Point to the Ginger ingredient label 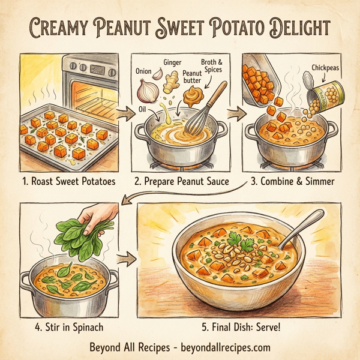point(173,62)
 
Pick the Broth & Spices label point(211,67)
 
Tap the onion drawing point(146,91)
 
